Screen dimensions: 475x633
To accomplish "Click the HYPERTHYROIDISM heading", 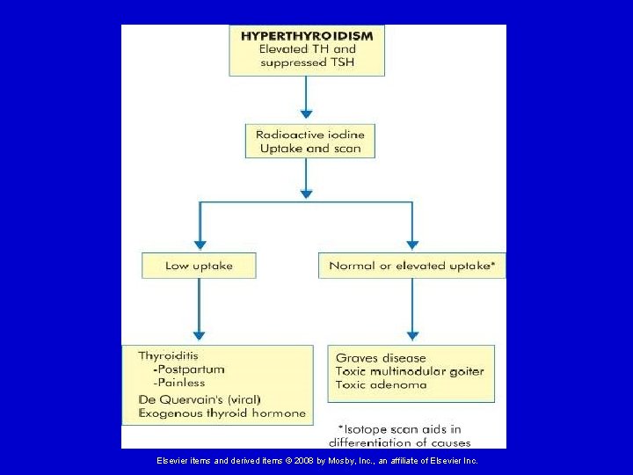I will (306, 36).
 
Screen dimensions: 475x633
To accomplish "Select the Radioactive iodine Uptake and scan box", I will (309, 142).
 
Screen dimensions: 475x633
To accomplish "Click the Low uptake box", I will (199, 266).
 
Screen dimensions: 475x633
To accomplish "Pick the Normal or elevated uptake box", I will (411, 266).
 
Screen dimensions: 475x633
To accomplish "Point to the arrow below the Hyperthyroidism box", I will (306, 98).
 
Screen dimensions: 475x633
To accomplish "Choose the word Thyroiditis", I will (168, 356).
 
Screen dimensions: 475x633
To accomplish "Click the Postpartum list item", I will (188, 369).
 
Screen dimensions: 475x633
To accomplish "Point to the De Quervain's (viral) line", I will (199, 398).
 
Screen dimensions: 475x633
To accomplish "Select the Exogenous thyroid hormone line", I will (222, 413).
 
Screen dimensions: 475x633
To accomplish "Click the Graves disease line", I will (381, 358).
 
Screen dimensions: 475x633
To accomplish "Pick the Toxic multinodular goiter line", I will (410, 371).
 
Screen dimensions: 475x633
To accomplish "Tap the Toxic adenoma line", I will (381, 384).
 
